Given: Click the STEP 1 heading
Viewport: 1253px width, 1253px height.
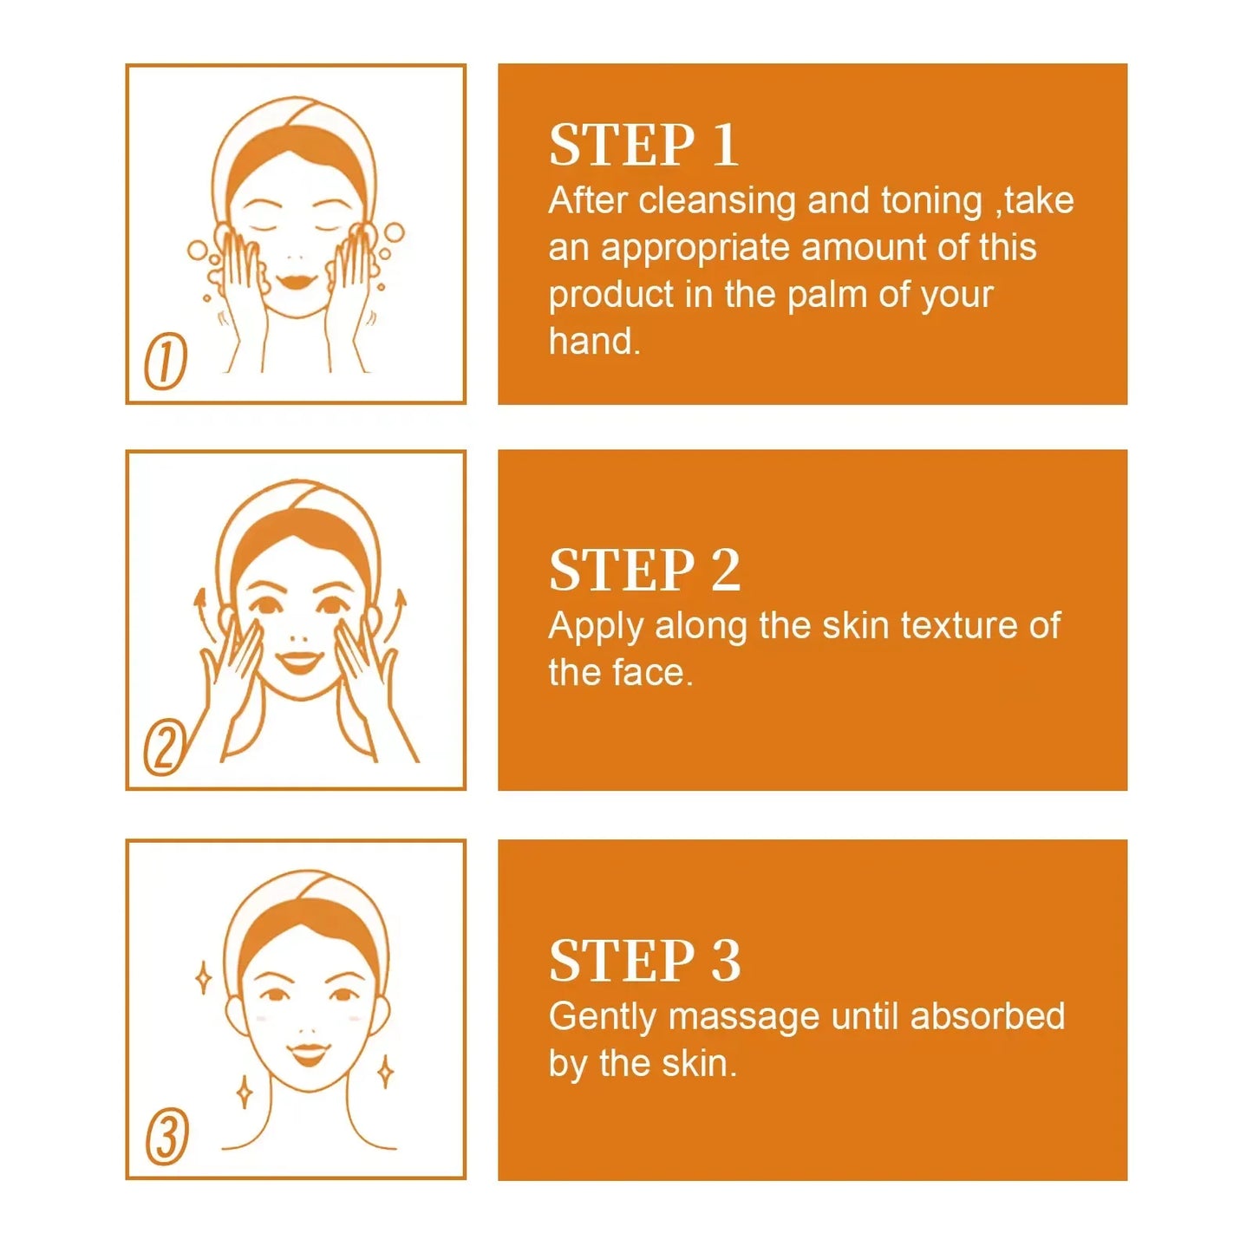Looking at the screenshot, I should point(643,145).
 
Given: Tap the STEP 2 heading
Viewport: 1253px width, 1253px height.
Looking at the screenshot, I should point(644,571).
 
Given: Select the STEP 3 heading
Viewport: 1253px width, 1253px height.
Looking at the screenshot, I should point(644,961).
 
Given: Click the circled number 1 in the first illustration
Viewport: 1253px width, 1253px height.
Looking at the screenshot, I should point(165,361).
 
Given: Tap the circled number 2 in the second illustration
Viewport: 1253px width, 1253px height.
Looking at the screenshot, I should point(165,747).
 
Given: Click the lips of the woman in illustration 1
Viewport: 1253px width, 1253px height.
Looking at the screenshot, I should point(296,282).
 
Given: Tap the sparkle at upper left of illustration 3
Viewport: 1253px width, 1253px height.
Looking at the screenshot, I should point(203,978).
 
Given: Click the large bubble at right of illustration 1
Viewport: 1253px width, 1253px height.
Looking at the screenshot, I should point(394,232).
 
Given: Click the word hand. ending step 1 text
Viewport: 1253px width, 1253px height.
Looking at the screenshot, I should point(594,342).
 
